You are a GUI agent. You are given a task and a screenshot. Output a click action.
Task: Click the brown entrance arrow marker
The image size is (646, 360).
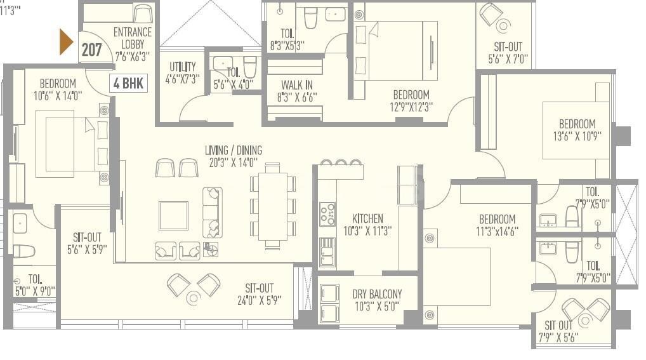[x=66, y=42]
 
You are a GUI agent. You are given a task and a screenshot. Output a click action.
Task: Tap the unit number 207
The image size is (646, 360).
[x=91, y=50]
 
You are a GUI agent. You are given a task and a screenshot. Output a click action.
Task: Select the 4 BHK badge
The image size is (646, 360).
[x=129, y=83]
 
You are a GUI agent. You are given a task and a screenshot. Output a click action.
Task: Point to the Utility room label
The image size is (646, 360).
[x=183, y=67]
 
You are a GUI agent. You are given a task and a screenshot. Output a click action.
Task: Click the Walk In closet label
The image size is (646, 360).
[x=296, y=85]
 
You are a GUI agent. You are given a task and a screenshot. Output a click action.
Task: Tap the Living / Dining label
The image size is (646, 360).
[x=233, y=150]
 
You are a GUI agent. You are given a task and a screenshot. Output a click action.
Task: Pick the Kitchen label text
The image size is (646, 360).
[x=367, y=218]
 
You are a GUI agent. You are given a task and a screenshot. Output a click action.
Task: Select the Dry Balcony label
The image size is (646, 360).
[x=377, y=294]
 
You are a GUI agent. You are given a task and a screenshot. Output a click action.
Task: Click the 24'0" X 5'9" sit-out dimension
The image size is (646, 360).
[x=259, y=300]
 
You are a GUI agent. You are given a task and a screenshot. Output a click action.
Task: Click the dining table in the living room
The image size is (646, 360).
[x=272, y=206]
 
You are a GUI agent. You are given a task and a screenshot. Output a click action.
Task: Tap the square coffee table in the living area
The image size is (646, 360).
[x=173, y=215]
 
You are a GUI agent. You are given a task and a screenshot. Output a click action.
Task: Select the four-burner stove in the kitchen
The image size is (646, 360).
[x=328, y=214]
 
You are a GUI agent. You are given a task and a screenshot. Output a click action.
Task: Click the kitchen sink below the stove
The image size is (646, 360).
[x=328, y=252]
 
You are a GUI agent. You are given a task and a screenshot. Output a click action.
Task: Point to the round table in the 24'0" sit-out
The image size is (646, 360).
[x=193, y=298]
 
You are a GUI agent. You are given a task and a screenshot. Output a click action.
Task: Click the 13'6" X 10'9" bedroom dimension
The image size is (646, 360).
[x=577, y=136]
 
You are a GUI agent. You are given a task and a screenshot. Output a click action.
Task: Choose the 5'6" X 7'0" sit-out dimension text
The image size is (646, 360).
[x=508, y=59]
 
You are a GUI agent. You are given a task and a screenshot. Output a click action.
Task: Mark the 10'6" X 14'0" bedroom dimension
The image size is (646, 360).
[x=58, y=96]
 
